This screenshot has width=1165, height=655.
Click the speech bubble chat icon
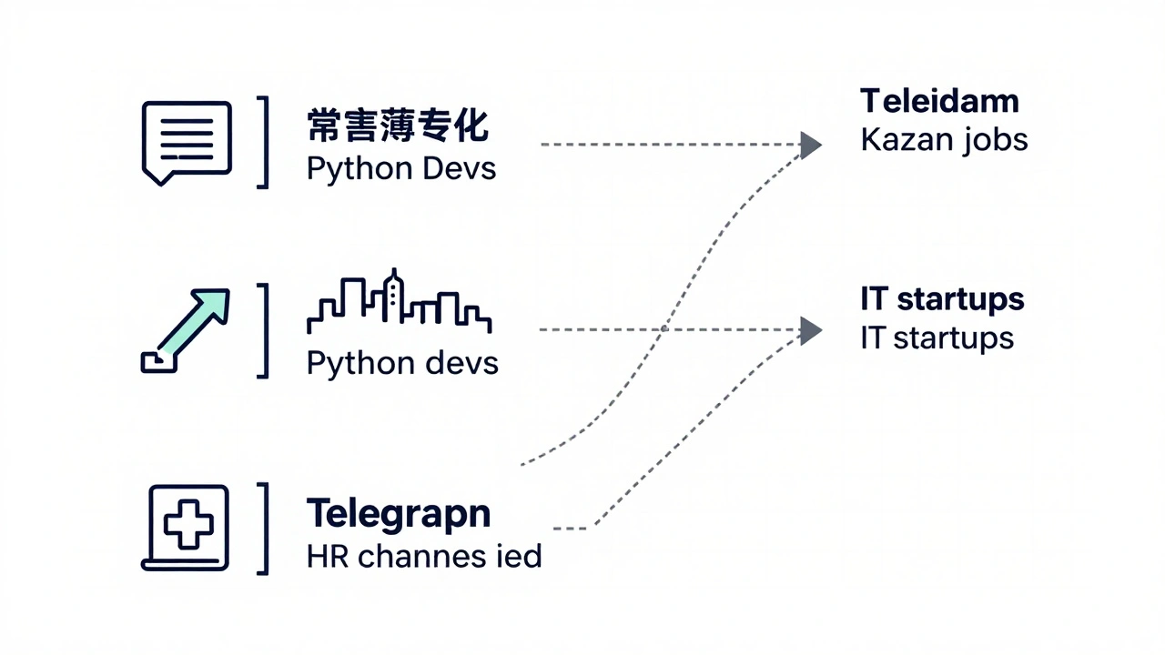187,142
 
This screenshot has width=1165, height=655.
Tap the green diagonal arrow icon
187,329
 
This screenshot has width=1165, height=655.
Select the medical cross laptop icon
187,527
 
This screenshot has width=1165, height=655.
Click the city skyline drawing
399,302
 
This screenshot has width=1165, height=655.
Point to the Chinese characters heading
398,126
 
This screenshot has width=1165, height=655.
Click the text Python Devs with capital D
401,169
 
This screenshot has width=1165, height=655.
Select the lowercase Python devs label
402,363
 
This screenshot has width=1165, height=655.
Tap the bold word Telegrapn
399,513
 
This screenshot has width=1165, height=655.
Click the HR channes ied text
424,556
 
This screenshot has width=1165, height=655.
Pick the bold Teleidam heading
939,100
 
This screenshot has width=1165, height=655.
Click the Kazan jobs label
944,140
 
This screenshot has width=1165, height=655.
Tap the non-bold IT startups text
937,338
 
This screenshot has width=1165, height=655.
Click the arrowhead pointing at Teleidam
810,145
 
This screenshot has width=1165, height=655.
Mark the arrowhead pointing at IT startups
810,330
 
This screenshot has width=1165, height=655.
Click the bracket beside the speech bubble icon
264,142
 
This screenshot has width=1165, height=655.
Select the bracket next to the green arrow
264,329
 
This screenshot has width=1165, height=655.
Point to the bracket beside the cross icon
264,528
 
